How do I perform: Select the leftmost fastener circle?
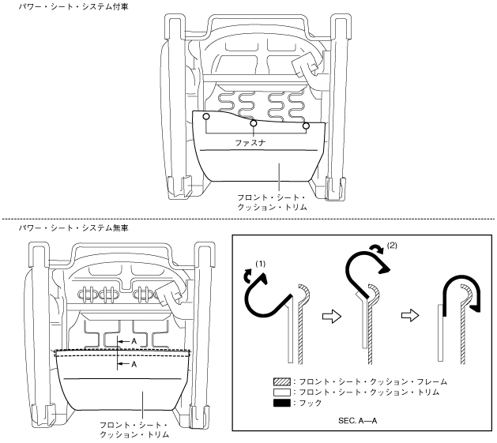coord(206,117)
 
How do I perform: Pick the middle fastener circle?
coord(253,124)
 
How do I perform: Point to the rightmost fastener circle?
coord(307,126)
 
